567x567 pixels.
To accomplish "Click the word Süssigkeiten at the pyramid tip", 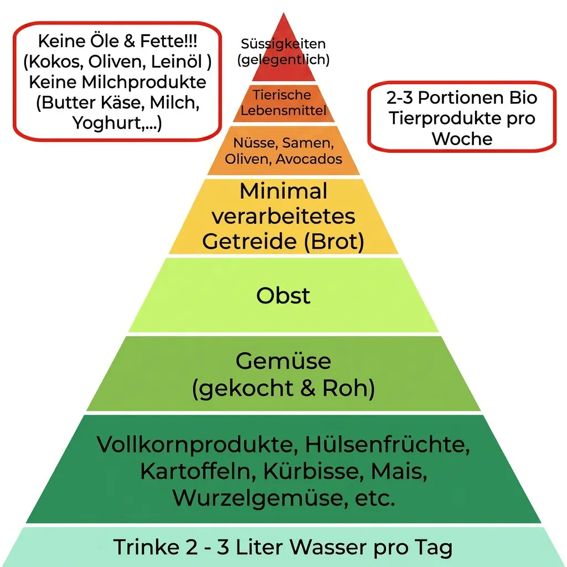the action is [283, 44].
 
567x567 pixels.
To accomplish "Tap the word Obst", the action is [283, 296].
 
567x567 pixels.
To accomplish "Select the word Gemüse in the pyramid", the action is [283, 360].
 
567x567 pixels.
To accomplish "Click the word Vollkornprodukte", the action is [197, 445].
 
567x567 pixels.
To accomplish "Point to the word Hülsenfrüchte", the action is [388, 445].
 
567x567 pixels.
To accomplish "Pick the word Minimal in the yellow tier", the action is [283, 191].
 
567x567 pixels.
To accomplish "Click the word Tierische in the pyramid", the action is [282, 95].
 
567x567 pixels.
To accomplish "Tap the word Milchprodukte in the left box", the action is [144, 82].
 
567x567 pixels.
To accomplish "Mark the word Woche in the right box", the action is [462, 139].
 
